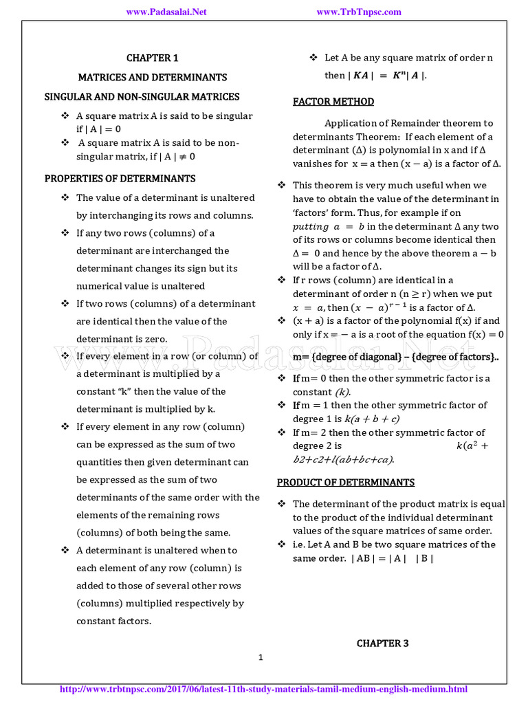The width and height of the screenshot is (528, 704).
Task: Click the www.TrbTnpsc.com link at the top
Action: (x=359, y=12)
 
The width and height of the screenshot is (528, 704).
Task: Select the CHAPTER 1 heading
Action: (x=152, y=58)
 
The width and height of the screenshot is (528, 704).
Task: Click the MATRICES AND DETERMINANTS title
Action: (x=152, y=77)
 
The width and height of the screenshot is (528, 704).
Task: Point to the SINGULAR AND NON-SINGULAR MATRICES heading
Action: (x=142, y=96)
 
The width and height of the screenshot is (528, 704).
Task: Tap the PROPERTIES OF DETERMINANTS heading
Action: (x=120, y=178)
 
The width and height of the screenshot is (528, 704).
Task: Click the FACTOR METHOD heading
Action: (x=333, y=102)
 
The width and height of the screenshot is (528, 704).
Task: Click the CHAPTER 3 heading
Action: (x=382, y=643)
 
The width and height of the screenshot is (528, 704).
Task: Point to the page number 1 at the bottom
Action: (x=261, y=657)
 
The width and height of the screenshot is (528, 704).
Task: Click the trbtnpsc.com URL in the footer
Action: (x=264, y=689)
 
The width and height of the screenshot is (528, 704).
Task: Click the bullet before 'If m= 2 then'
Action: (x=282, y=432)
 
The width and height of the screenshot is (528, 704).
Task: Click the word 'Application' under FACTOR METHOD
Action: (x=351, y=123)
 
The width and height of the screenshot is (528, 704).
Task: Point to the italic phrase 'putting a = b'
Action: (x=326, y=226)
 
